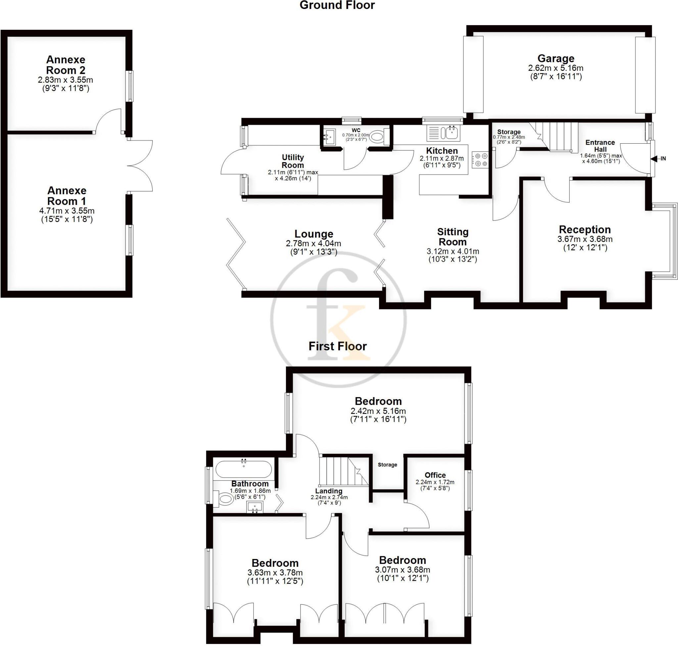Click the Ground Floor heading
point(337,5)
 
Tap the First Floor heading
point(337,346)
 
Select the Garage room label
point(556,58)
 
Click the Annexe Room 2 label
point(66,65)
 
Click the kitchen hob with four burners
point(480,160)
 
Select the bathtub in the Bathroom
point(244,469)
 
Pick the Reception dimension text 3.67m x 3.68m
point(585,239)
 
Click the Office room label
point(435,475)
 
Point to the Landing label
point(329,491)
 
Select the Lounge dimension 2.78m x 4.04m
point(314,244)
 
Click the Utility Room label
point(293,161)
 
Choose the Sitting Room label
point(453,237)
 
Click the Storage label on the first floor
point(387,465)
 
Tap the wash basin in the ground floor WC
point(329,137)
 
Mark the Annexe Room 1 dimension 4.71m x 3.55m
point(67,211)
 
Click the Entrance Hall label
point(600,146)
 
